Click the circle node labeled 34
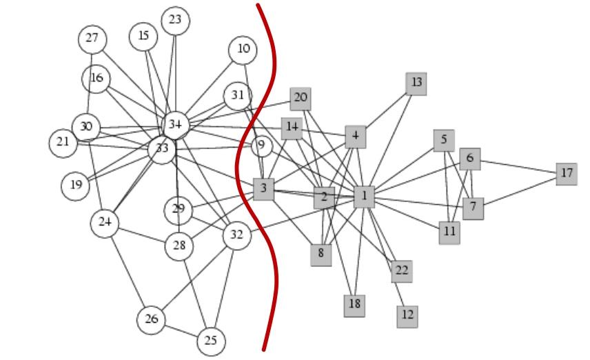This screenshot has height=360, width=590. [x=175, y=125]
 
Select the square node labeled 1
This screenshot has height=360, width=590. [x=364, y=197]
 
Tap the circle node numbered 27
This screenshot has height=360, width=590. [x=92, y=39]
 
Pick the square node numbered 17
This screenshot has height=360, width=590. [x=567, y=174]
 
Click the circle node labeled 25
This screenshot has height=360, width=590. [x=211, y=341]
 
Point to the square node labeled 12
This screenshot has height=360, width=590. [x=407, y=317]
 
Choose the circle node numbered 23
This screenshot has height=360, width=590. [x=175, y=21]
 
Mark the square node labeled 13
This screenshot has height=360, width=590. [x=416, y=83]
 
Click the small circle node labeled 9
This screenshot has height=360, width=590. [x=262, y=146]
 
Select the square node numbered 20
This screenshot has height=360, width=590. [x=301, y=99]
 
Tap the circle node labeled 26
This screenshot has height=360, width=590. [x=151, y=320]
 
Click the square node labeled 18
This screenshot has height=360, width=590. [x=354, y=306]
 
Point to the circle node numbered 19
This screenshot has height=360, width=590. [x=76, y=186]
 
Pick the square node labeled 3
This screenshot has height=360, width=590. [x=263, y=189]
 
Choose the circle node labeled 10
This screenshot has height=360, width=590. [x=243, y=50]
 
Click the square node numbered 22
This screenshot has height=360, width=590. [x=402, y=271]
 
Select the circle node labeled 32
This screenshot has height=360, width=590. [x=237, y=236]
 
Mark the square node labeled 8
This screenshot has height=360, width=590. [x=321, y=255]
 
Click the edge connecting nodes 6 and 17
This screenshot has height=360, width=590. [x=518, y=167]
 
